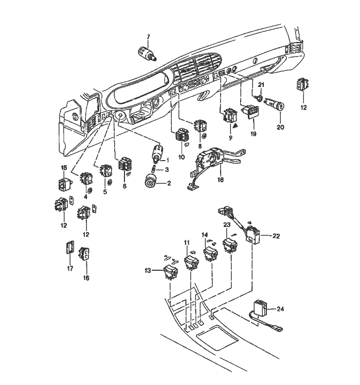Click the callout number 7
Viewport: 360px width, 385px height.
click(x=148, y=37)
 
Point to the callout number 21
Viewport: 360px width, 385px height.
click(x=261, y=84)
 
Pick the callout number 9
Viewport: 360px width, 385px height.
click(x=230, y=138)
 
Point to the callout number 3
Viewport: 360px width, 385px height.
click(x=167, y=170)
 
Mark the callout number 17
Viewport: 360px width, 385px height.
click(x=70, y=268)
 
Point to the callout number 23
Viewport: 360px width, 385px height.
click(x=226, y=225)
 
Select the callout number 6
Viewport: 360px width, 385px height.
click(x=124, y=186)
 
